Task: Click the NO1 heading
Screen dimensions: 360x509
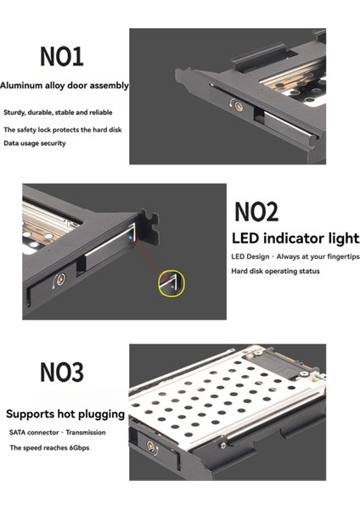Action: (61, 56)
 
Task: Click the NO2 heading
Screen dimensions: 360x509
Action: (256, 211)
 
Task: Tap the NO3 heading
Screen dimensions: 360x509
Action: (62, 372)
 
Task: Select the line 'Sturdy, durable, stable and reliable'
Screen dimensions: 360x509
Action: (58, 113)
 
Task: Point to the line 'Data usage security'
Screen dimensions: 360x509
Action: (35, 143)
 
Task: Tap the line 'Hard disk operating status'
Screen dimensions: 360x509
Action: (275, 271)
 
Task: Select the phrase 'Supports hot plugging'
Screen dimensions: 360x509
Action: (65, 414)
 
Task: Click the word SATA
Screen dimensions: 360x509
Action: (19, 433)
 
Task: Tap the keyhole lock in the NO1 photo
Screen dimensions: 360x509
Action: (239, 106)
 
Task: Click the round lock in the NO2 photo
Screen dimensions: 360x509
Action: (61, 279)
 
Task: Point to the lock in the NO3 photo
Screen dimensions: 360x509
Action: (151, 446)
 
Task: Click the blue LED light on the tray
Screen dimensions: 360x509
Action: (131, 238)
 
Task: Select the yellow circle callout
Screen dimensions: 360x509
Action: (172, 283)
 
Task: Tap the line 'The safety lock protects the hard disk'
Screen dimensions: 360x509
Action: (63, 130)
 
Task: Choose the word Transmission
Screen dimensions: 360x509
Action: (86, 433)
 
